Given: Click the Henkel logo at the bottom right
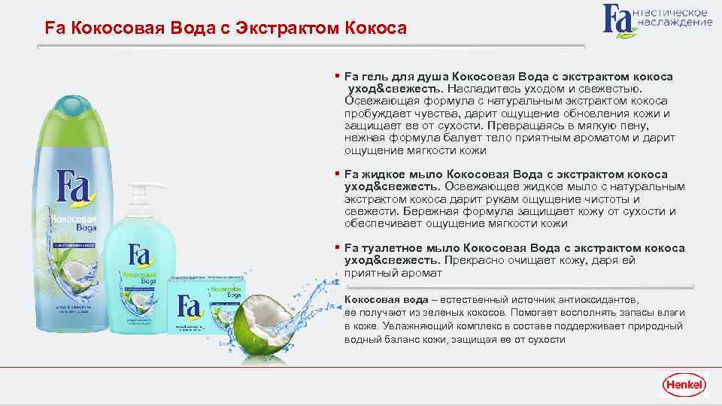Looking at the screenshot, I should [684, 386].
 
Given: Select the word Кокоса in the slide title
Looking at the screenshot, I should [376, 29].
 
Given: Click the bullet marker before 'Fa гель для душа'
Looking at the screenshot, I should [338, 76].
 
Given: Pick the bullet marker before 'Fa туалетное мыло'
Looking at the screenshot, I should [338, 247].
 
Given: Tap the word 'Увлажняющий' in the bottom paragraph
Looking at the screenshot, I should [418, 326].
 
